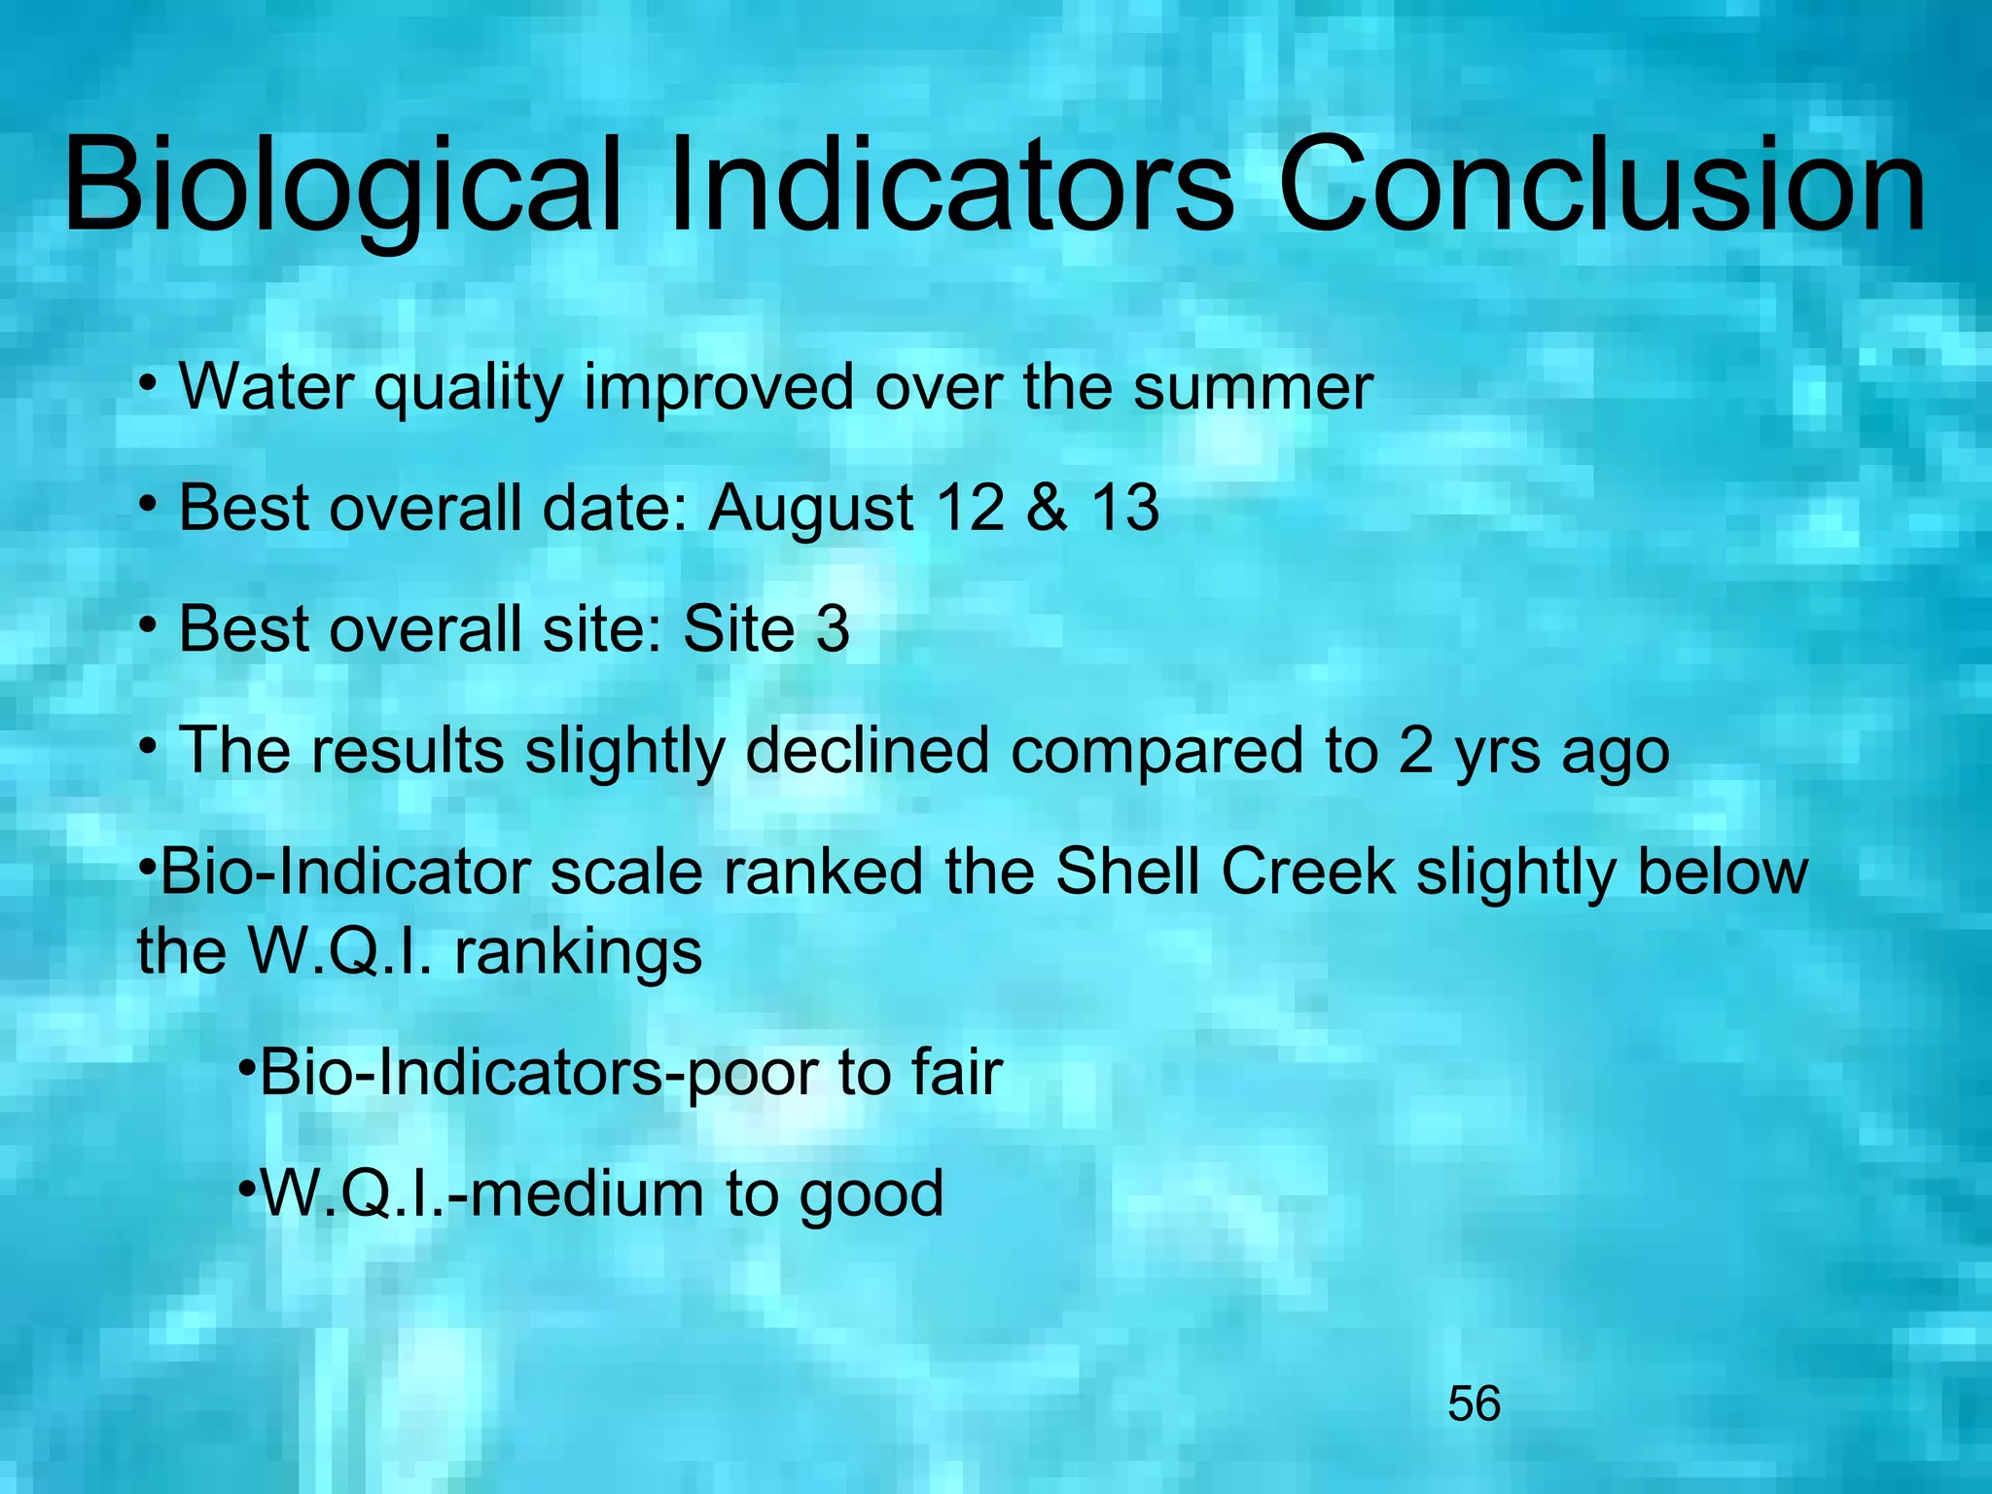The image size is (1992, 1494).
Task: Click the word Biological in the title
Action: [x=342, y=187]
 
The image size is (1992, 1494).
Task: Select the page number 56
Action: [x=1474, y=1405]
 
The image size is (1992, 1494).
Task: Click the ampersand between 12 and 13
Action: [x=1047, y=508]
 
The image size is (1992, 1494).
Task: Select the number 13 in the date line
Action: [x=1124, y=508]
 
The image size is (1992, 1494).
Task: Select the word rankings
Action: [x=578, y=953]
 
